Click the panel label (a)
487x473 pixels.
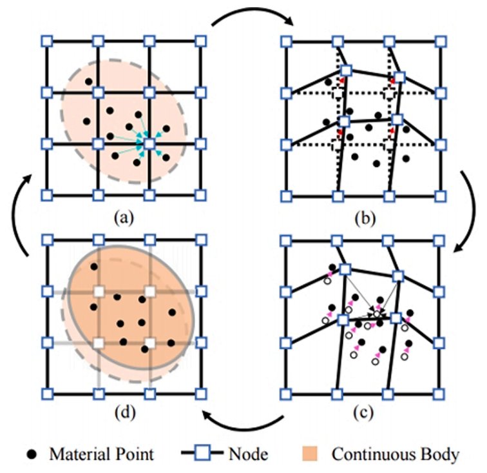tap(122, 218)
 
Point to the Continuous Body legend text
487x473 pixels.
tap(396, 454)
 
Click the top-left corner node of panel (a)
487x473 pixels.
tap(46, 41)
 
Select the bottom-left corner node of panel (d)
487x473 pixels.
tap(46, 392)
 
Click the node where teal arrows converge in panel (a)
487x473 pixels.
tap(149, 143)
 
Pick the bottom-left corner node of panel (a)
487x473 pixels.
tap(46, 194)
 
